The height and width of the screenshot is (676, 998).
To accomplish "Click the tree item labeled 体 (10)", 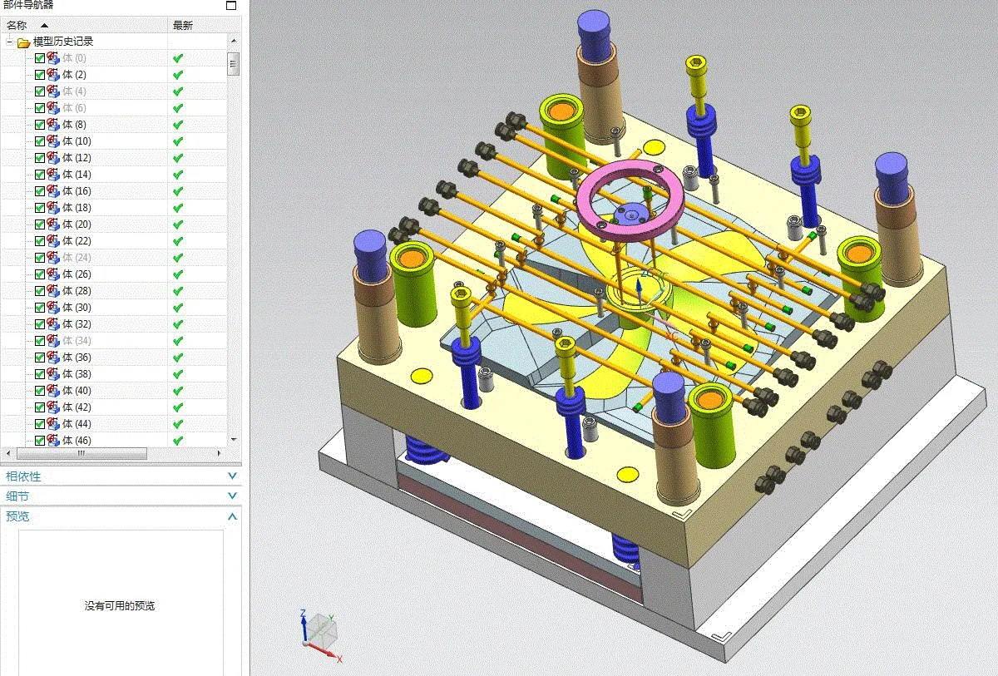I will coord(77,141).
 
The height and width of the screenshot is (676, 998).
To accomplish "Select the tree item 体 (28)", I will coord(77,291).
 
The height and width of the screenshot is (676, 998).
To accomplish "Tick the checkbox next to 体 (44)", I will coord(40,424).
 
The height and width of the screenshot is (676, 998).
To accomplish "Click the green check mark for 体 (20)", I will coord(177,225).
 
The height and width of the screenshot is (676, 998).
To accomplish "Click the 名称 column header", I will coord(17,25).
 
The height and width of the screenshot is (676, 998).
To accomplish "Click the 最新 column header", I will coord(182,25).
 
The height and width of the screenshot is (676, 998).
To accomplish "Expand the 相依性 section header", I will coord(23,476).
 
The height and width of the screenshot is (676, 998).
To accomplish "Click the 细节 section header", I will coord(17,496).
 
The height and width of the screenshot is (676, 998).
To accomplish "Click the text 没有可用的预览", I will coord(120,606).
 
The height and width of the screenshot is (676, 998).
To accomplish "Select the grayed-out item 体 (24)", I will coord(77,258).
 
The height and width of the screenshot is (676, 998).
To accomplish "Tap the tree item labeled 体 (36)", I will coord(77,358).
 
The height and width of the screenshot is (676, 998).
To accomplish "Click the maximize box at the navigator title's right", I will coord(231,5).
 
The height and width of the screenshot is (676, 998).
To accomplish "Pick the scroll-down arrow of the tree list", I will coord(234,439).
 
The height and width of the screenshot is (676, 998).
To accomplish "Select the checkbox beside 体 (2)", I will coord(40,75).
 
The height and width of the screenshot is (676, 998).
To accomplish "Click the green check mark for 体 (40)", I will coord(177,391).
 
